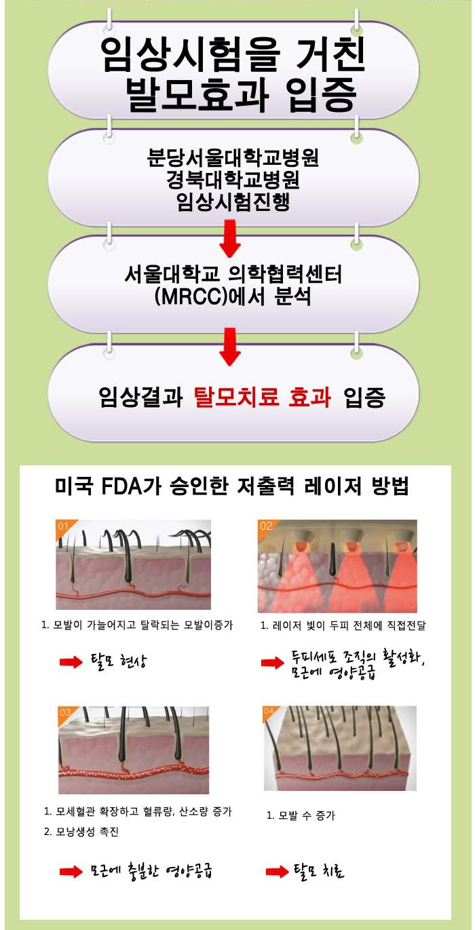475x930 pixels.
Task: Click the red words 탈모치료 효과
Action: pyautogui.click(x=263, y=398)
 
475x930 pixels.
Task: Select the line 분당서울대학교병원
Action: pyautogui.click(x=233, y=157)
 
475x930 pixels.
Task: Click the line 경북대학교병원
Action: pyautogui.click(x=233, y=179)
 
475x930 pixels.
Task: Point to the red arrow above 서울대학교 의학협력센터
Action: pyautogui.click(x=229, y=238)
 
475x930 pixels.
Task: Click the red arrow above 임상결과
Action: pyautogui.click(x=229, y=347)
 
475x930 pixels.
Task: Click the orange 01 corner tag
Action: pyautogui.click(x=64, y=526)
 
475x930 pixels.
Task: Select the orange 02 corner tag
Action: pyautogui.click(x=266, y=526)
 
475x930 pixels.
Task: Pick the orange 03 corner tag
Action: pyautogui.click(x=66, y=712)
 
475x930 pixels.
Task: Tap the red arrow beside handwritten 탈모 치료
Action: pyautogui.click(x=277, y=872)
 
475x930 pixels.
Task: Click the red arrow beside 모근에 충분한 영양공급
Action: pyautogui.click(x=71, y=872)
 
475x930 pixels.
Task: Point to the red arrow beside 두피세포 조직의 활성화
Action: pyautogui.click(x=272, y=663)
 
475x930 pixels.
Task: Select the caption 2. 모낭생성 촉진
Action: pyautogui.click(x=81, y=832)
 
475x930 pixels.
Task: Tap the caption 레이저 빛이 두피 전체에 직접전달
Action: pyautogui.click(x=343, y=625)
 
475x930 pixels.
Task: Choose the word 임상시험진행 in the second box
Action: pyautogui.click(x=233, y=201)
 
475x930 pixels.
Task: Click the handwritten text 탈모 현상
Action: pyautogui.click(x=119, y=661)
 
